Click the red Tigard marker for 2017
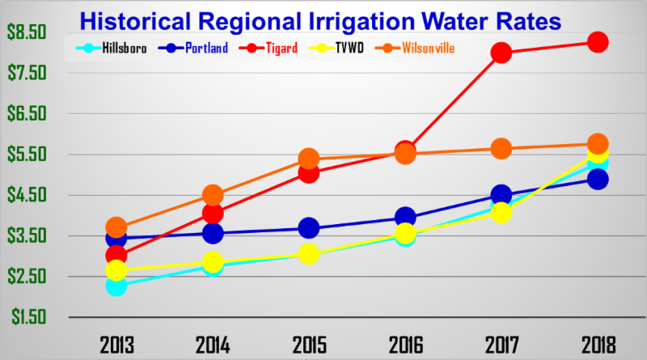point(501,53)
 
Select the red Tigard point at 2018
point(598,42)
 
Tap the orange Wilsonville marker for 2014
point(213,195)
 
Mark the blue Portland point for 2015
point(309,228)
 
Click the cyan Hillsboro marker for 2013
point(116,286)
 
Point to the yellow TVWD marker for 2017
point(501,214)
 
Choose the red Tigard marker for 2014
point(213,214)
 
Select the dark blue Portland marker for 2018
point(598,179)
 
